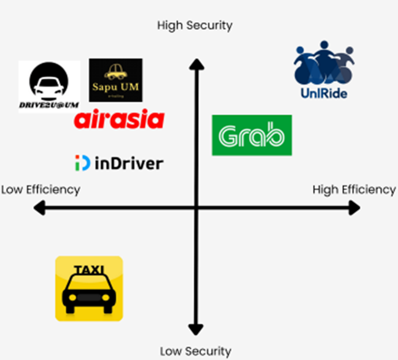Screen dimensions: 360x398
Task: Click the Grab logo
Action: coord(252,135)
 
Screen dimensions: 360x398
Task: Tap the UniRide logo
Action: coord(323,70)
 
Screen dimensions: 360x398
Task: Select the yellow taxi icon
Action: coord(89,288)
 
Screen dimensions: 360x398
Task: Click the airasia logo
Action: coord(119,120)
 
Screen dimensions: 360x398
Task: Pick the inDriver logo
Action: coord(119,163)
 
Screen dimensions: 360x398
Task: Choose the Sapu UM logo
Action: coord(116,80)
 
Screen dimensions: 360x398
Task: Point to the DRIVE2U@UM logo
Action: coord(49,86)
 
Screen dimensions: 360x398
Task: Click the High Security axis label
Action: coord(195,25)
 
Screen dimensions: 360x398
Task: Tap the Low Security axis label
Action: coord(195,351)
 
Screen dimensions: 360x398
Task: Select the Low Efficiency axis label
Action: coord(41,190)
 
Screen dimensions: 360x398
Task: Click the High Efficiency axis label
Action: coord(354,190)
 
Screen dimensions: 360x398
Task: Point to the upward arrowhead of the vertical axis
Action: coord(196,64)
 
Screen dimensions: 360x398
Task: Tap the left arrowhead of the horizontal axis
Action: coord(39,209)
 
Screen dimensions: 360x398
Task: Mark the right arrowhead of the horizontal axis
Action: coord(354,209)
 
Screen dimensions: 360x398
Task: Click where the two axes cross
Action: coord(196,209)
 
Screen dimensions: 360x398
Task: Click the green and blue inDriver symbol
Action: coord(82,163)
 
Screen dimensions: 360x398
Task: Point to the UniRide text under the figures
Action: coord(324,93)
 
